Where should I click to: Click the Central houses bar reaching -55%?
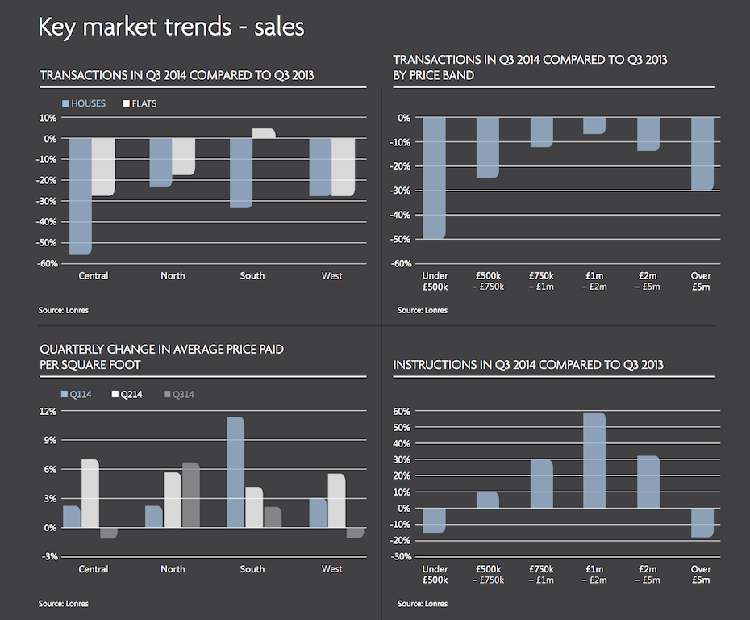(x=80, y=196)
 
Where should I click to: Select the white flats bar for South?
(x=264, y=133)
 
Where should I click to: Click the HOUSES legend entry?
(x=83, y=103)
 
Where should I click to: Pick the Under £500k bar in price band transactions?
(x=435, y=178)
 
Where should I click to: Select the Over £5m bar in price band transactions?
(x=701, y=153)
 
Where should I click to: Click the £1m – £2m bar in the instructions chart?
(x=594, y=460)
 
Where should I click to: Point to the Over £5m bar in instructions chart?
(x=701, y=522)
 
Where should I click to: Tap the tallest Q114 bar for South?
(x=235, y=472)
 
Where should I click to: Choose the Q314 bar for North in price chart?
(x=190, y=495)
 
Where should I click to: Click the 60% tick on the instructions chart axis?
(x=402, y=411)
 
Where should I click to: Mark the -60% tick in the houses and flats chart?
(x=45, y=263)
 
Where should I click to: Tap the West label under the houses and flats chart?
(x=331, y=276)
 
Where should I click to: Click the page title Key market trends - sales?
(x=171, y=27)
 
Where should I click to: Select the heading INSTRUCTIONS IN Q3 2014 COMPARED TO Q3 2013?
(x=527, y=365)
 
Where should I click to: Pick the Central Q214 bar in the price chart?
(x=90, y=493)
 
